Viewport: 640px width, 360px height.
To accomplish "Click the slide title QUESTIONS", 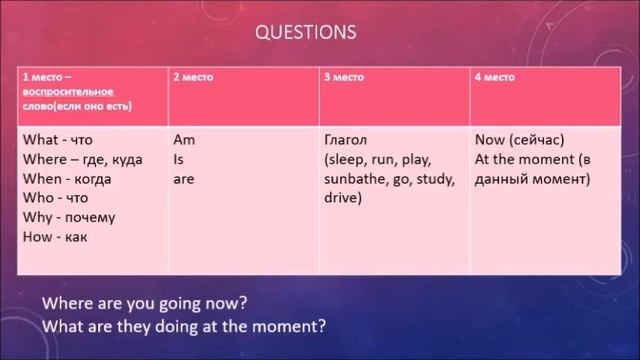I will [306, 32].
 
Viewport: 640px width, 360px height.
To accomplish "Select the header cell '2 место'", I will [195, 77].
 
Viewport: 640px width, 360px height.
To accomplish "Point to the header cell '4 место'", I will [493, 77].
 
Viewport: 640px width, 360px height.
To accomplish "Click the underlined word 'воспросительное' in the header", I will [64, 91].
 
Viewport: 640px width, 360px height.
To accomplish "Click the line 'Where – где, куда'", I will [82, 160].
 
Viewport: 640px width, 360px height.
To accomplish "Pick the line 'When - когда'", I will [66, 179].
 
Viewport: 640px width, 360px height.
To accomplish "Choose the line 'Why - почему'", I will [69, 217].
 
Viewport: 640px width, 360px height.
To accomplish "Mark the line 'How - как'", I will [54, 237].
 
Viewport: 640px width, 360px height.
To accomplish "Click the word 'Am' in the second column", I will [184, 140].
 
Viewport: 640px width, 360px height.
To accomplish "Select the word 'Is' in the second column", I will [179, 160].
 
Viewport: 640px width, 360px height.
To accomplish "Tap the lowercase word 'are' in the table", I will [184, 179].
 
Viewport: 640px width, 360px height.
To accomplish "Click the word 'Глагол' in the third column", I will [348, 140].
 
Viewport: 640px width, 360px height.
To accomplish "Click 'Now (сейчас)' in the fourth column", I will [517, 140].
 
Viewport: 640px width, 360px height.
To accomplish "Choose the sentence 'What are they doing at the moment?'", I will [185, 325].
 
